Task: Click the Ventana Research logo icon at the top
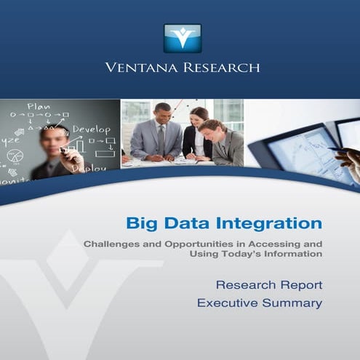(182, 38)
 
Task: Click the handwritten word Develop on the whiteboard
(91, 129)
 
